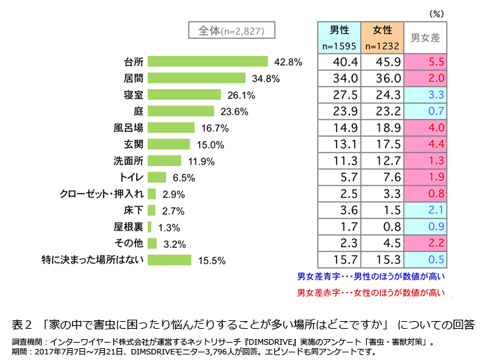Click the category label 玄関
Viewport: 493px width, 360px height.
pos(133,145)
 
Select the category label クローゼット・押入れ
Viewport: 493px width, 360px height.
pos(102,194)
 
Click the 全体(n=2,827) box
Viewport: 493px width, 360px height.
pos(231,30)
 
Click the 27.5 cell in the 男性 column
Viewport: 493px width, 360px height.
pos(339,95)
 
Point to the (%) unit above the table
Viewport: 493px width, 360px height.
pos(435,13)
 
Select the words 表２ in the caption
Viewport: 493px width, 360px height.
pos(24,325)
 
